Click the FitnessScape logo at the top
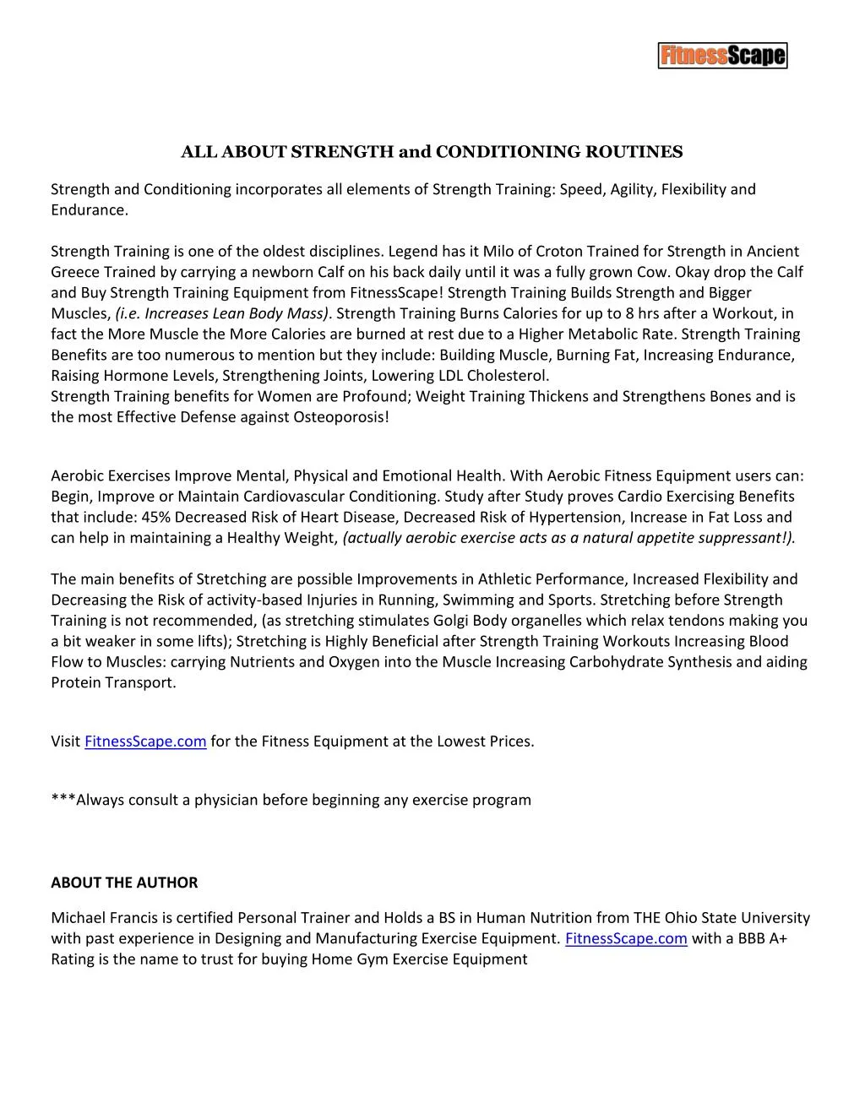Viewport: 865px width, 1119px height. (722, 56)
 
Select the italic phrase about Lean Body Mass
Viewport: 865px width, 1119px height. (222, 313)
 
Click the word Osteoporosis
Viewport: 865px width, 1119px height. (337, 417)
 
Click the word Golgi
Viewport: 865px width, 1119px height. (485, 621)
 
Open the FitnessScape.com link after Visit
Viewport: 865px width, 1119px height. (145, 741)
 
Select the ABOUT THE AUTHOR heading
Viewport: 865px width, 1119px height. (124, 883)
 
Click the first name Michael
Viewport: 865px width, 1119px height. (79, 918)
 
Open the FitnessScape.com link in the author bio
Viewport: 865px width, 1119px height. (625, 938)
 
